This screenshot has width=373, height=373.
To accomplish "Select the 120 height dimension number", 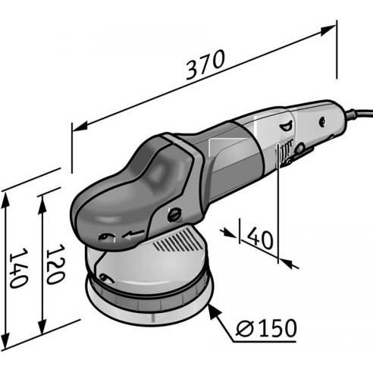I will [x=54, y=265].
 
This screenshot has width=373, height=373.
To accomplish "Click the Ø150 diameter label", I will [x=265, y=328].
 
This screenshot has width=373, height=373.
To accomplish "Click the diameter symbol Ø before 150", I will [x=243, y=328].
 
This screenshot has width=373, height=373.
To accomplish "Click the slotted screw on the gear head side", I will [x=174, y=215].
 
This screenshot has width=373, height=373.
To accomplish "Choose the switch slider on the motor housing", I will [x=287, y=155].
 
